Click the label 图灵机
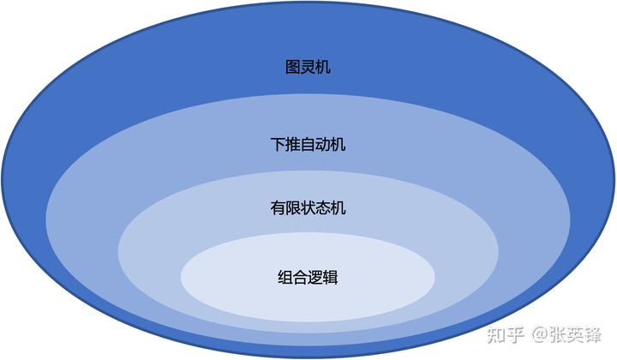pyautogui.click(x=308, y=67)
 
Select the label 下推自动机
pyautogui.click(x=308, y=145)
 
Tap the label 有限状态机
pyautogui.click(x=308, y=208)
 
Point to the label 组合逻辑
pyautogui.click(x=308, y=278)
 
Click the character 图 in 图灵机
pyautogui.click(x=292, y=67)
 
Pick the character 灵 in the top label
pyautogui.click(x=308, y=67)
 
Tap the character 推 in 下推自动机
pyautogui.click(x=292, y=145)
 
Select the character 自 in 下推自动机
pyautogui.click(x=308, y=145)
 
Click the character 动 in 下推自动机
pyautogui.click(x=323, y=145)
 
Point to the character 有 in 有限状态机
pyautogui.click(x=277, y=208)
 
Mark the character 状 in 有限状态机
pyautogui.click(x=308, y=208)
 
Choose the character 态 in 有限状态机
pyautogui.click(x=323, y=208)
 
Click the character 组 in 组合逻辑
pyautogui.click(x=285, y=278)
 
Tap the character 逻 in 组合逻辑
pyautogui.click(x=315, y=278)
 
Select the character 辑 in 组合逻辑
pyautogui.click(x=331, y=278)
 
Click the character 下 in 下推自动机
pyautogui.click(x=277, y=145)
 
